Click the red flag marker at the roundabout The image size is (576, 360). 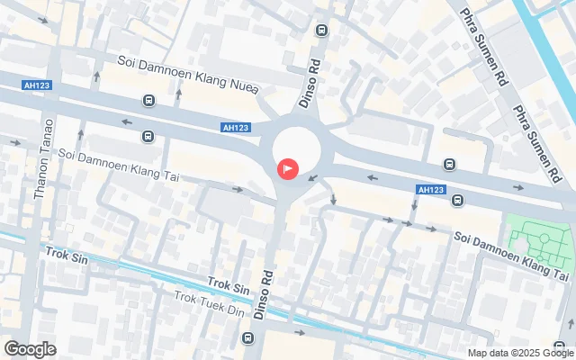tap(288, 167)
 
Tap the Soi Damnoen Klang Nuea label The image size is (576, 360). tap(188, 74)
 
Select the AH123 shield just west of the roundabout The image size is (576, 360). tap(235, 128)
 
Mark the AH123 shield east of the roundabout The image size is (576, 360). tap(431, 189)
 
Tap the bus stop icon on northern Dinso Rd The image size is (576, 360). tap(321, 31)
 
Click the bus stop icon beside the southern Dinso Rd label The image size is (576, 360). tap(247, 337)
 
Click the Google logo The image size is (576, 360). tap(30, 349)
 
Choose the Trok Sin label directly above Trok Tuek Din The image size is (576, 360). tap(229, 286)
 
